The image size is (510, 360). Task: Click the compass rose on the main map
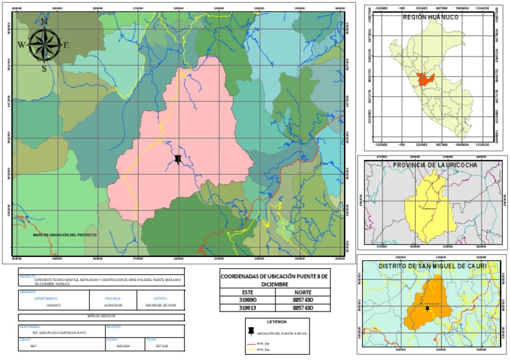coord(44,45)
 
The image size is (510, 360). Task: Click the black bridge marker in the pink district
coord(178,159)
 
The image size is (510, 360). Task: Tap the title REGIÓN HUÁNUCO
coord(430,17)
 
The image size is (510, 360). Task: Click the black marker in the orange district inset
coord(427,309)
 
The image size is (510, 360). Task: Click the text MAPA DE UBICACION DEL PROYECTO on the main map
coord(66,235)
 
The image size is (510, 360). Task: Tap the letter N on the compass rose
coord(44,21)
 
